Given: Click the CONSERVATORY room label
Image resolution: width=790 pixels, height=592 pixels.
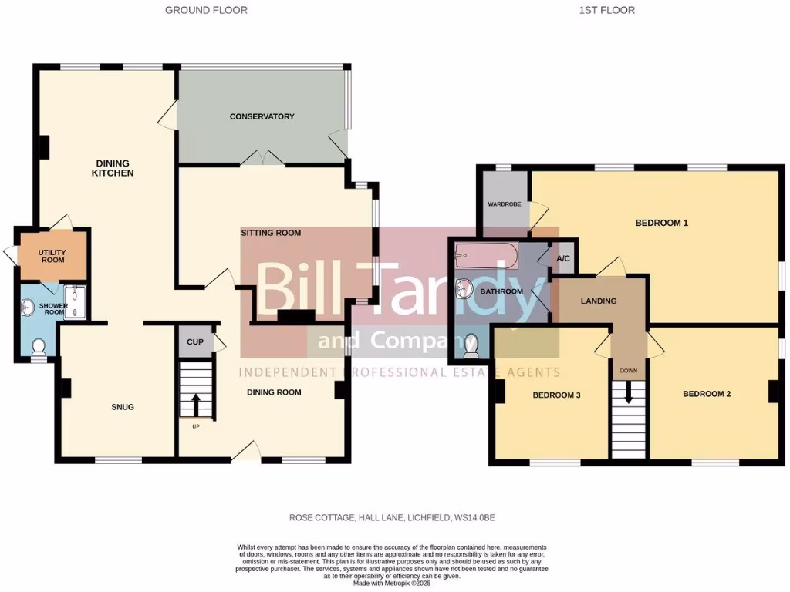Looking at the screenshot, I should [x=262, y=116].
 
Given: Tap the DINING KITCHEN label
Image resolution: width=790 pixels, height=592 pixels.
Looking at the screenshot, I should [x=114, y=168].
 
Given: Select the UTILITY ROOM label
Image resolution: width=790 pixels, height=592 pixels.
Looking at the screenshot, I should [x=52, y=256].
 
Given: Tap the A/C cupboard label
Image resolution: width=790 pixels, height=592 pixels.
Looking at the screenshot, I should [x=562, y=258].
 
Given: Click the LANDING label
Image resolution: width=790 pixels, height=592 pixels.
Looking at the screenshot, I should [x=599, y=301].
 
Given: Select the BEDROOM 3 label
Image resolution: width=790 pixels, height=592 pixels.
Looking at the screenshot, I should [x=556, y=395].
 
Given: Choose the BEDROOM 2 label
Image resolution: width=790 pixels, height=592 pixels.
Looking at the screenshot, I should [x=706, y=394].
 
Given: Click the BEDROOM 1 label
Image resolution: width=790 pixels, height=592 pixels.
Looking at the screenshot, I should [x=661, y=224].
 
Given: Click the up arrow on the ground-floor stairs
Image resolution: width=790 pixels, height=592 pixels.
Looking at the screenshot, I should [x=195, y=403].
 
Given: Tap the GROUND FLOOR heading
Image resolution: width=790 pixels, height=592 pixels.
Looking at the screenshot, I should [x=206, y=10].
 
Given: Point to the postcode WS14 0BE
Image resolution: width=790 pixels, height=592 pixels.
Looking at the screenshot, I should [x=486, y=517].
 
